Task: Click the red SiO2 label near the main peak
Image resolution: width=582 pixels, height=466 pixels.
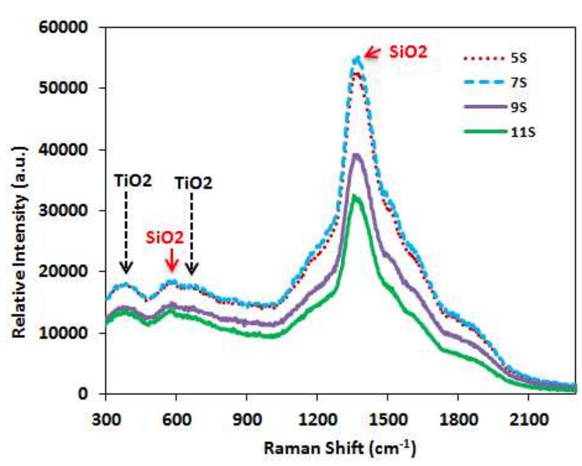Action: [x=409, y=53]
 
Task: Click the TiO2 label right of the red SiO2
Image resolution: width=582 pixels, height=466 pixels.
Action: [x=194, y=183]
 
